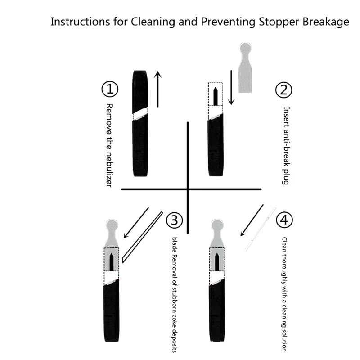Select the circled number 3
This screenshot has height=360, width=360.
[175, 220]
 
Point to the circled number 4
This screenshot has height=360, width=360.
[284, 220]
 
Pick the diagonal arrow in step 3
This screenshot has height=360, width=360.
[136, 223]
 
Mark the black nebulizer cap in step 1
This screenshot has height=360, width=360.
[141, 90]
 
